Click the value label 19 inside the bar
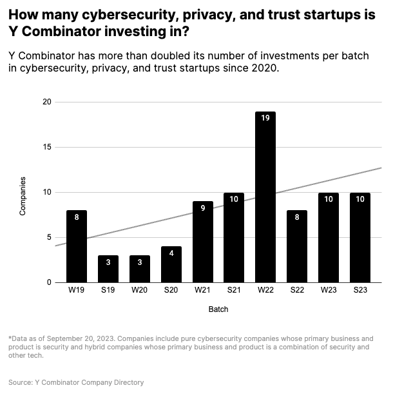tap(265, 118)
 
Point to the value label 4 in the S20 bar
tap(171, 253)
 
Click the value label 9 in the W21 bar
tap(202, 208)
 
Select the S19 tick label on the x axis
tap(108, 291)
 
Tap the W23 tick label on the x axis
tap(328, 291)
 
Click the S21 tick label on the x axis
tap(233, 291)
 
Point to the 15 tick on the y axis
tap(46, 147)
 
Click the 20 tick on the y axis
tap(46, 102)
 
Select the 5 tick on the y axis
tap(48, 237)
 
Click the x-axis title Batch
tap(218, 309)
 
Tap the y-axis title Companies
tap(23, 195)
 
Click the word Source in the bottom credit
tap(21, 382)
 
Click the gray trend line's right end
tap(380, 168)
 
